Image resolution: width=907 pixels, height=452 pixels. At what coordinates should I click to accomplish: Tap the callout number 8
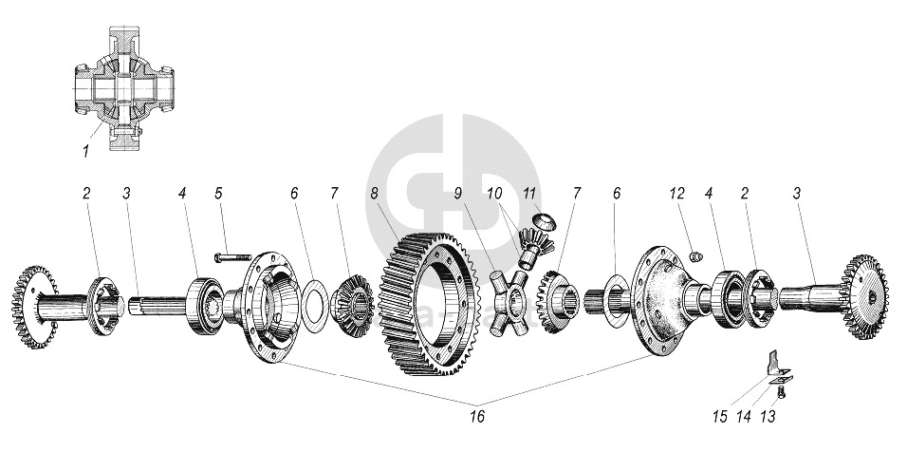[x=375, y=194]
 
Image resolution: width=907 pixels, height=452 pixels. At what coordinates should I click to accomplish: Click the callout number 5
[x=218, y=194]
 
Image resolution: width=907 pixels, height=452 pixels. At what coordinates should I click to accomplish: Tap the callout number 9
[x=457, y=194]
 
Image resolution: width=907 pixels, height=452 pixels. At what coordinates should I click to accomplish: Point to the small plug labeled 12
[x=694, y=254]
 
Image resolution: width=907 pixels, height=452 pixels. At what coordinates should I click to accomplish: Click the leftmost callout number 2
[x=85, y=194]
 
